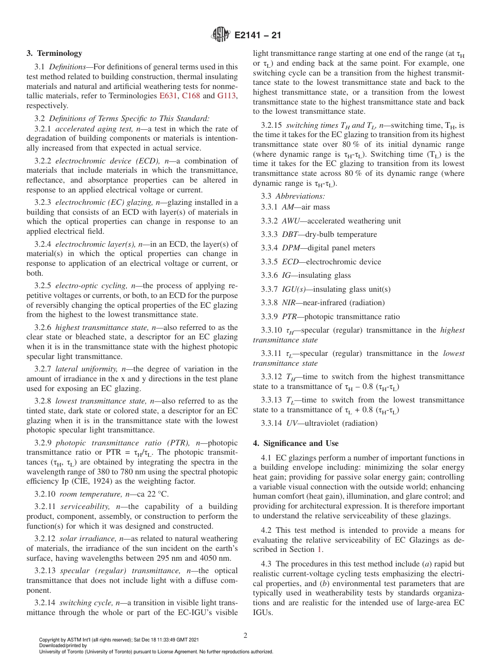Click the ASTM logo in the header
pyautogui.click(x=221, y=35)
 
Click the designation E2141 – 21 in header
pyautogui.click(x=258, y=36)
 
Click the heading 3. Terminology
pyautogui.click(x=54, y=53)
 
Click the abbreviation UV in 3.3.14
pyautogui.click(x=292, y=423)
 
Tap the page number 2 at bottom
pyautogui.click(x=245, y=636)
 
